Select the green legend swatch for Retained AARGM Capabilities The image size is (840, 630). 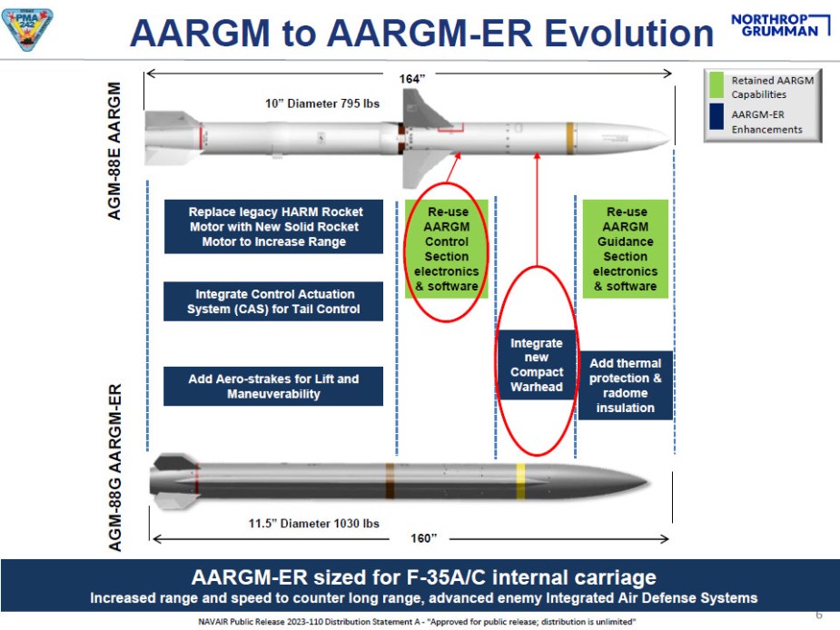[x=716, y=87]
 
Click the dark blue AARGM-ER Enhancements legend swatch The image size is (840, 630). [x=716, y=121]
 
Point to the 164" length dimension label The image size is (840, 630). [x=412, y=79]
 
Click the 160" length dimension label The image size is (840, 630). [x=422, y=539]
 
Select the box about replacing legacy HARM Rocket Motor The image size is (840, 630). [x=273, y=227]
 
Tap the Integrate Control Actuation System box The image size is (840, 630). [x=273, y=301]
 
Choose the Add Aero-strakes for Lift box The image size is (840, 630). [x=273, y=386]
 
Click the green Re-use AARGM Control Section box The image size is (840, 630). [x=447, y=249]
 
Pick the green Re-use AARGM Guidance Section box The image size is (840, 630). [x=626, y=249]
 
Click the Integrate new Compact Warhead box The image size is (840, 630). [x=536, y=365]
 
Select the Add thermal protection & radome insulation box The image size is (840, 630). [x=625, y=386]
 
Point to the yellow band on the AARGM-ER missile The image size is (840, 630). [x=520, y=478]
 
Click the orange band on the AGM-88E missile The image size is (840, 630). [x=569, y=135]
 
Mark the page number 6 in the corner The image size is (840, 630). [x=818, y=615]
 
